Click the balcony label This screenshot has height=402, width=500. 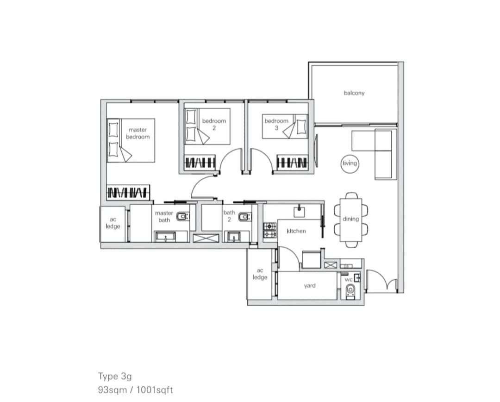tap(354, 93)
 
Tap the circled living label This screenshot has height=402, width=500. tap(350, 163)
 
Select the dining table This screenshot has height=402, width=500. tap(351, 220)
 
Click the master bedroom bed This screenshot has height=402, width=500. tap(131, 140)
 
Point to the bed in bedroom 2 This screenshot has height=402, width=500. tap(207, 126)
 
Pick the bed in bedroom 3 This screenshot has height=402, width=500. tap(285, 126)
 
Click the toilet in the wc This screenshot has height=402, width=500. tap(350, 292)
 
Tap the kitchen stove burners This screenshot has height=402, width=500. tap(270, 230)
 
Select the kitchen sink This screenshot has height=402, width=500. tap(299, 212)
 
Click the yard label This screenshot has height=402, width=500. tap(310, 286)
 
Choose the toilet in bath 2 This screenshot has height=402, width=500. tap(244, 217)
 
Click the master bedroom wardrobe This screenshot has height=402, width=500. tap(128, 193)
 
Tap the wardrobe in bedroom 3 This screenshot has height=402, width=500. tap(292, 163)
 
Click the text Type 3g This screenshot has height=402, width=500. tap(115, 377)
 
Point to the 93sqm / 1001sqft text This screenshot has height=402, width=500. tap(136, 390)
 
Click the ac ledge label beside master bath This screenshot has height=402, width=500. tap(113, 223)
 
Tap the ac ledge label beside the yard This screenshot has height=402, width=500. tap(260, 274)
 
